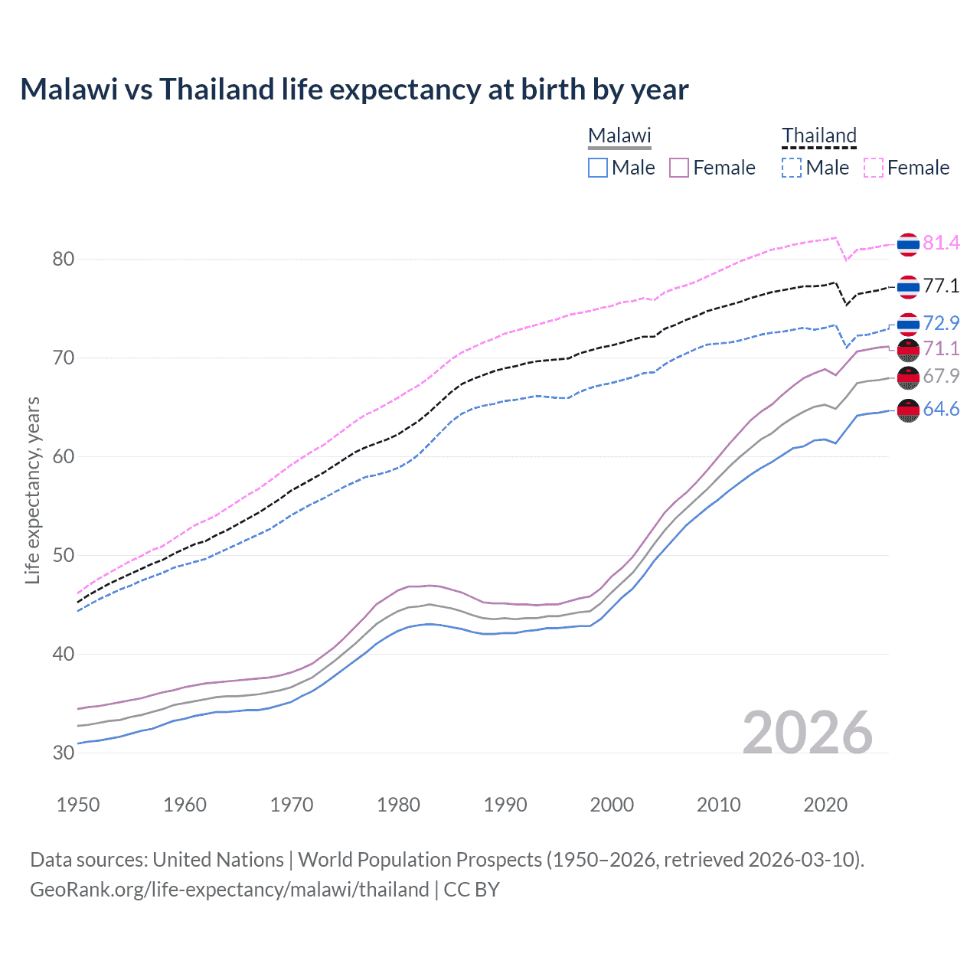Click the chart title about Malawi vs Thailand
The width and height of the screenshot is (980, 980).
[x=354, y=90]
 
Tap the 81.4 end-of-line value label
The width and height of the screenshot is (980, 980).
[x=941, y=243]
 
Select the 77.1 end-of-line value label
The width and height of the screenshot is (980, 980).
[x=941, y=286]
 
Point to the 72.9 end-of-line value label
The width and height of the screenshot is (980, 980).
[x=941, y=323]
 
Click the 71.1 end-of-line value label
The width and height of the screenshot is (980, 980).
[x=941, y=348]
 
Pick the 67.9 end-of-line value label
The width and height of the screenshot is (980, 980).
[x=941, y=376]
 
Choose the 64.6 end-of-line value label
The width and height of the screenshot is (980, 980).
[x=941, y=409]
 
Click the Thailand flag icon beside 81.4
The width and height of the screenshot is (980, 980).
[x=908, y=244]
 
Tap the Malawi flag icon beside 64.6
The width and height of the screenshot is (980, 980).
[x=908, y=410]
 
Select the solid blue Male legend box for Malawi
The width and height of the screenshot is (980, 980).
[x=598, y=168]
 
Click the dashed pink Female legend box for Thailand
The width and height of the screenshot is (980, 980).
[x=874, y=168]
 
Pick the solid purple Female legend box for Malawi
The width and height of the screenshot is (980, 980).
[x=679, y=168]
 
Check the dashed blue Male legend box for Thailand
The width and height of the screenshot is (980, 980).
[x=792, y=168]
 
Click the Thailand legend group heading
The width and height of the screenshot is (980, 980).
[x=818, y=136]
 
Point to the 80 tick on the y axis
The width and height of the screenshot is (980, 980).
[x=63, y=259]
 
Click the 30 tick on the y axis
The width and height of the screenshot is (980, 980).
[x=63, y=753]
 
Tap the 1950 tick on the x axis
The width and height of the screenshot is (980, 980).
[x=78, y=805]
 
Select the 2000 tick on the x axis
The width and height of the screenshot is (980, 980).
[x=612, y=805]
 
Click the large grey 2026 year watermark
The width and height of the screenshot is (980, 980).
[x=808, y=733]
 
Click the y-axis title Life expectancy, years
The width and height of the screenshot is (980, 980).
[x=32, y=490]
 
